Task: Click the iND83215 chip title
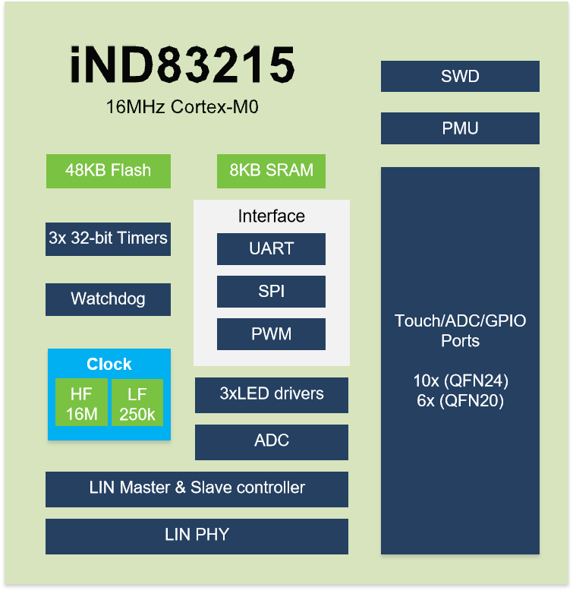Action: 182,64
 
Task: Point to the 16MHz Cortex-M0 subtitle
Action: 182,107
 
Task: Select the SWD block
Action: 460,76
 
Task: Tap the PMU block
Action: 460,128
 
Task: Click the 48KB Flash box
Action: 109,171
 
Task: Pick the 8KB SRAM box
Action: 271,171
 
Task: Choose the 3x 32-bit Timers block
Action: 108,238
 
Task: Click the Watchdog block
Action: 108,299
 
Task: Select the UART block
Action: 271,248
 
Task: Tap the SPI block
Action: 271,291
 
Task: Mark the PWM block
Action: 271,333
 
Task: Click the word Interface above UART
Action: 272,216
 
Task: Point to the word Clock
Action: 109,364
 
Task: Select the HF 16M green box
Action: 81,403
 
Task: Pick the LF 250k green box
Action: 137,403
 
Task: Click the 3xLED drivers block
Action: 272,395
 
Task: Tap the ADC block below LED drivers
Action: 272,442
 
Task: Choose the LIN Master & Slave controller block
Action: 197,489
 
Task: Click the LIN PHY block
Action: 197,536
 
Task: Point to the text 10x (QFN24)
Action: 461,381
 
